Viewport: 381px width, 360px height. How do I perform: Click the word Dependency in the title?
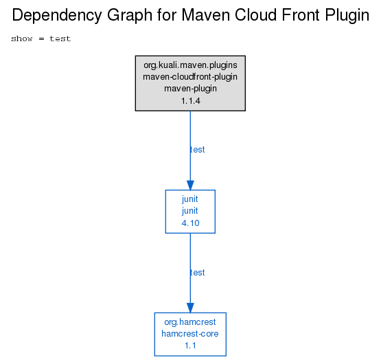pos(57,16)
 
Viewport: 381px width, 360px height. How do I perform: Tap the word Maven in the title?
pos(205,15)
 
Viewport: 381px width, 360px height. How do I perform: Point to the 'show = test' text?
pos(41,38)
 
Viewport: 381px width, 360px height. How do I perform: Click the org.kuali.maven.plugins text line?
pos(191,65)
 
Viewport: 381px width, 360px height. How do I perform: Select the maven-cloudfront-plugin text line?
pos(190,77)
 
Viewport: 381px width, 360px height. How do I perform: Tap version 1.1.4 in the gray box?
pos(191,101)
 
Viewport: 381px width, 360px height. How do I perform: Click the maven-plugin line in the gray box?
pos(191,89)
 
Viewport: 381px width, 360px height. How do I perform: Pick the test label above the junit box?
pos(197,150)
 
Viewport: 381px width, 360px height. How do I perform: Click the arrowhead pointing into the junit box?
pos(190,185)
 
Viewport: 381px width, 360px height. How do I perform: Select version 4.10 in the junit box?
pos(191,223)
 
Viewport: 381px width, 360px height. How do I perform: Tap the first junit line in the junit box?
pos(190,199)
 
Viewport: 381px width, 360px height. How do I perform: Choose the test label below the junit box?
pos(197,273)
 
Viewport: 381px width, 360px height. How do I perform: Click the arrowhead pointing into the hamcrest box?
pos(190,308)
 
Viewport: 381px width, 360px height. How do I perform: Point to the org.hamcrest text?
pos(190,322)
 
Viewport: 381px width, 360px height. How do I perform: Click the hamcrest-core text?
pos(190,334)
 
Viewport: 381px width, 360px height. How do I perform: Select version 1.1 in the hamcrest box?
pos(190,346)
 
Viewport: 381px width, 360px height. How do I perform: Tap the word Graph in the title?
pos(130,16)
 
